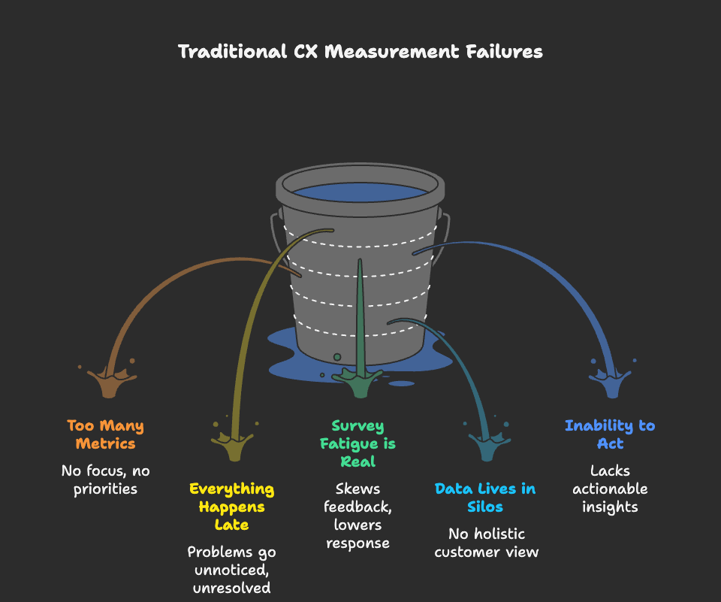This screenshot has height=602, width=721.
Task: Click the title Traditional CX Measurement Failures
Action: (360, 52)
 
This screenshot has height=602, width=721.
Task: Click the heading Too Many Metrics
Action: (105, 434)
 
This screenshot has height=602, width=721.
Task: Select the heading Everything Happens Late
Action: (231, 507)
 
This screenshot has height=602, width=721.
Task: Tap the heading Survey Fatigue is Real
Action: (357, 443)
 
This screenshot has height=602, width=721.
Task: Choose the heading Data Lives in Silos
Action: (485, 498)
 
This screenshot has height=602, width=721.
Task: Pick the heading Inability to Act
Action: (609, 434)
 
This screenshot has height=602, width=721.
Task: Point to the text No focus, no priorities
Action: (105, 479)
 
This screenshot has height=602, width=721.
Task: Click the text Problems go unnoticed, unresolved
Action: (231, 570)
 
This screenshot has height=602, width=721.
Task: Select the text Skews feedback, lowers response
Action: (357, 516)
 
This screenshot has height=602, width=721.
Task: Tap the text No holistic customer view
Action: (486, 543)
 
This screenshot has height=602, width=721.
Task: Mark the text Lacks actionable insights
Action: (609, 489)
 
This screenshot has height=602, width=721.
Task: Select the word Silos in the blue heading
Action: (485, 507)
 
